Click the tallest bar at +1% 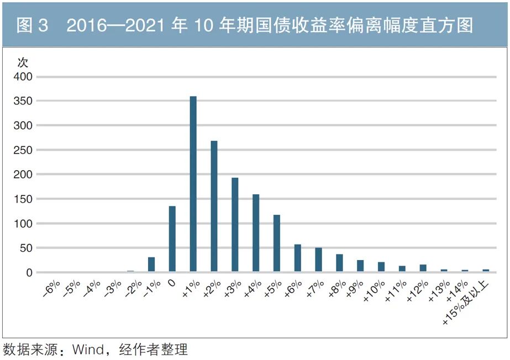click(x=193, y=184)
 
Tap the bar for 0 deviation click(x=172, y=239)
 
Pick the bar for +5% click(x=277, y=243)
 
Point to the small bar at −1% click(x=151, y=264)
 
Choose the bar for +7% click(x=318, y=260)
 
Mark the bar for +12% click(x=423, y=268)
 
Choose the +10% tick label click(x=374, y=291)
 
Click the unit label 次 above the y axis click(x=23, y=61)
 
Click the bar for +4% click(x=256, y=233)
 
